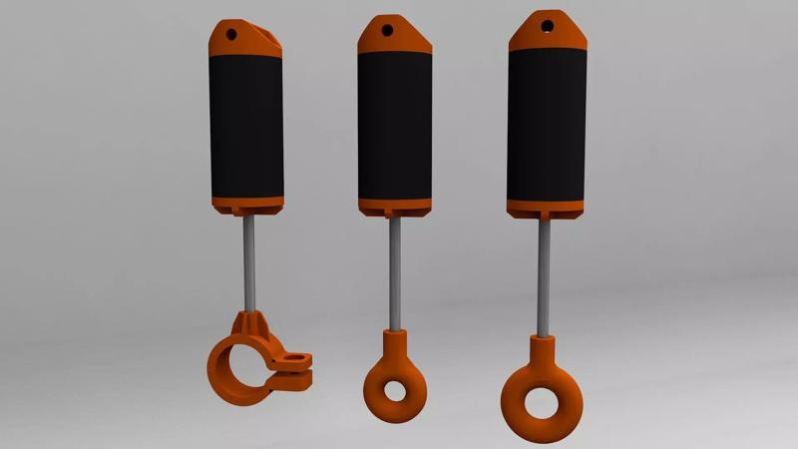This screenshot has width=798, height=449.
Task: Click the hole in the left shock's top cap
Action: tap(232, 34)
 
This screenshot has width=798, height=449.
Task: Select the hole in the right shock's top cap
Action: tap(546, 22)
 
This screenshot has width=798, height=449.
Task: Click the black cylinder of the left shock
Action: tap(246, 125)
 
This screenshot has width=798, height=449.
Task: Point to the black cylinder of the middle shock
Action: tap(394, 125)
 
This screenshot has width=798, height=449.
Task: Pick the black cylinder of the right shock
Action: tap(545, 125)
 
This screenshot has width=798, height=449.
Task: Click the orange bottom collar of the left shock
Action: tap(246, 205)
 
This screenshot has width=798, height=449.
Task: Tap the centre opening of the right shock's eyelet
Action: tap(540, 402)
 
